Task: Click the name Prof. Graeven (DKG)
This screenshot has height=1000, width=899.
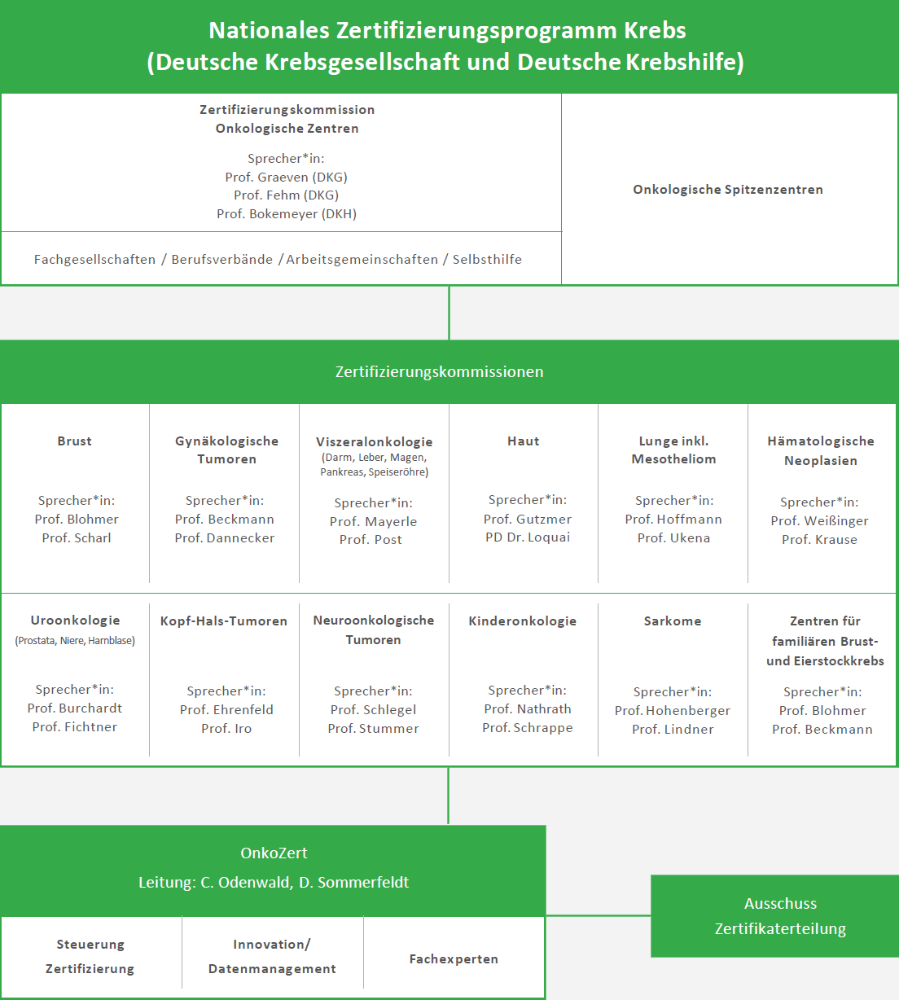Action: tap(286, 177)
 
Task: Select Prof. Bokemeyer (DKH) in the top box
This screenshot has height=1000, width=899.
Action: tap(287, 214)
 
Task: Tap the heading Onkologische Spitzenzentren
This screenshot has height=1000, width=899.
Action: tap(728, 190)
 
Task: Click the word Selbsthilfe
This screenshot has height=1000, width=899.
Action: tap(487, 259)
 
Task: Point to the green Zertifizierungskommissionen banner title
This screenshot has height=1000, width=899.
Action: tap(439, 372)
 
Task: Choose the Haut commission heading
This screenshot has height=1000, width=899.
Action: tap(524, 441)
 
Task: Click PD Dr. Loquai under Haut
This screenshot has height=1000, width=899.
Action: tap(528, 537)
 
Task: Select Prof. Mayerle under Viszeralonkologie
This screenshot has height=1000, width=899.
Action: tap(374, 521)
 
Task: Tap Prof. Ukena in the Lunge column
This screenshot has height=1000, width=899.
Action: tap(673, 538)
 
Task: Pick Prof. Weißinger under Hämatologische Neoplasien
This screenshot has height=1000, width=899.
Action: tap(820, 521)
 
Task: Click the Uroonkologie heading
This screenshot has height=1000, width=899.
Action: tap(75, 621)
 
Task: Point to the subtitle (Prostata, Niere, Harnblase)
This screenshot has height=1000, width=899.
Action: tap(75, 641)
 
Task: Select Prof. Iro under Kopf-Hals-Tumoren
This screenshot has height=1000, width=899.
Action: tap(226, 728)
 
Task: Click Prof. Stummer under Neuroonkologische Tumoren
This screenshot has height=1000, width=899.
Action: tap(374, 728)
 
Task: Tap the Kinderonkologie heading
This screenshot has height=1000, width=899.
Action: tap(523, 621)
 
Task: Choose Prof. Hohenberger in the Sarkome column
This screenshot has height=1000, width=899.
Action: tap(673, 710)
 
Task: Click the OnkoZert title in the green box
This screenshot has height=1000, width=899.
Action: tap(274, 853)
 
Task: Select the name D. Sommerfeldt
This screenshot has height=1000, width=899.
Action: tap(354, 883)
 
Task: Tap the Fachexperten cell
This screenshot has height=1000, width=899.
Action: tap(454, 958)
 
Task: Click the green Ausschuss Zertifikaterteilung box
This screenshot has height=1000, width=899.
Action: tap(775, 916)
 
